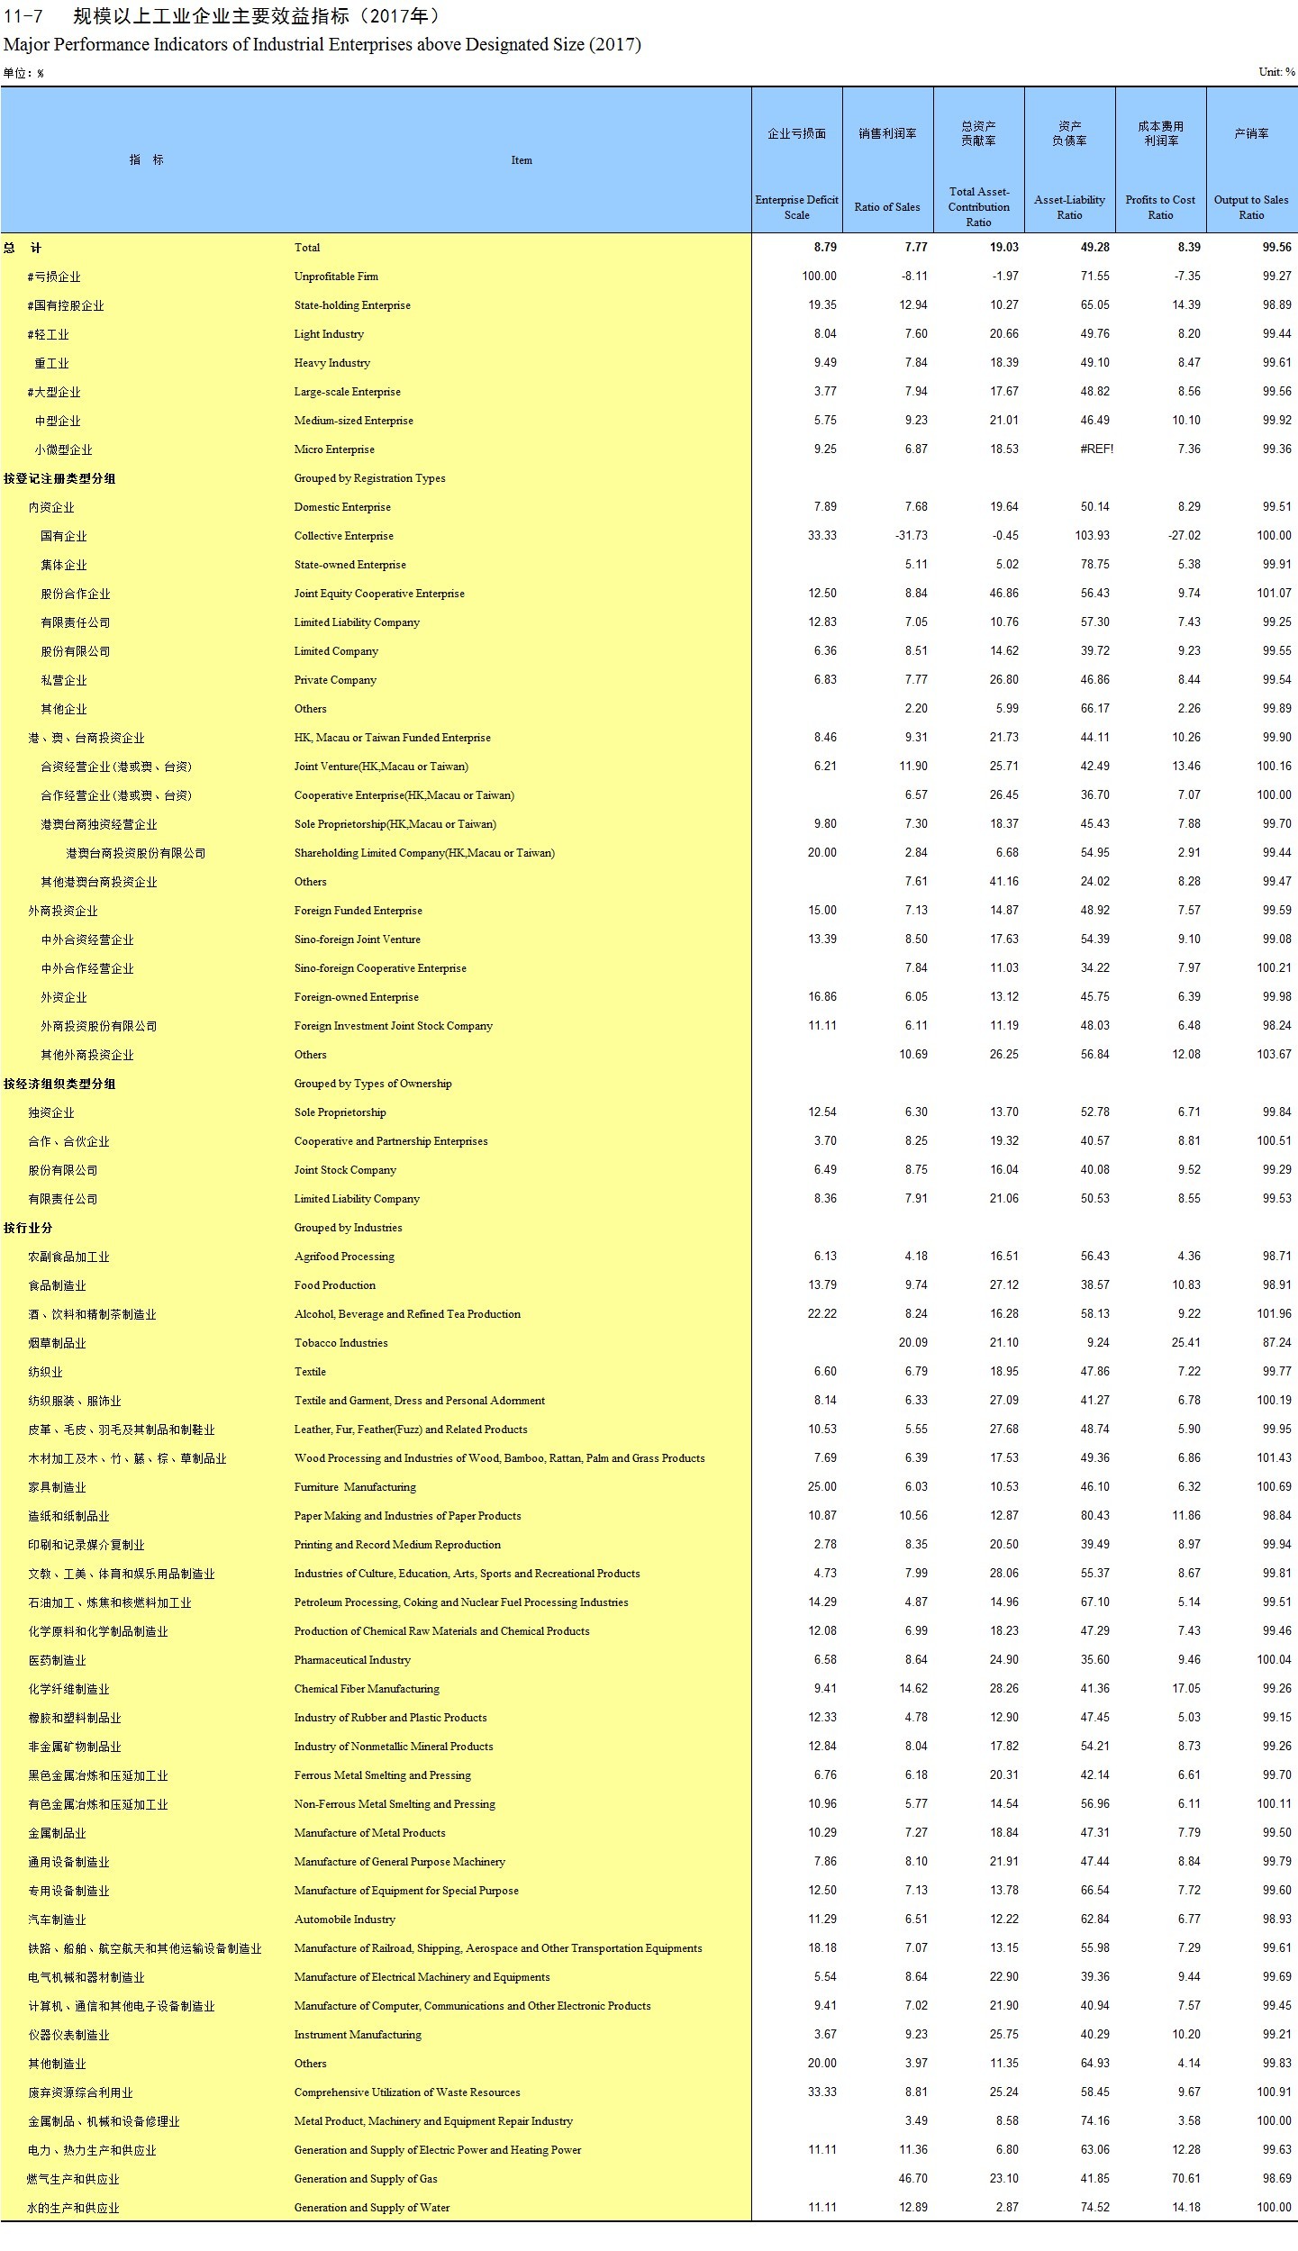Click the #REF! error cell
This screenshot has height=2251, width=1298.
1096,449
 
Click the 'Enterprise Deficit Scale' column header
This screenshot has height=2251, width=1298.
796,207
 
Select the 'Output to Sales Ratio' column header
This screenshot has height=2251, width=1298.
1250,207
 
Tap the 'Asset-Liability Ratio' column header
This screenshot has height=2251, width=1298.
1069,207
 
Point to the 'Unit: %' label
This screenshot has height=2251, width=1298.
1276,72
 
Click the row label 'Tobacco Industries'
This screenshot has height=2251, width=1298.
340,1343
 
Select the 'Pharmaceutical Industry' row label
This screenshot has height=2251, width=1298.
352,1660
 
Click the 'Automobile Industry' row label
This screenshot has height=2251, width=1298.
344,1920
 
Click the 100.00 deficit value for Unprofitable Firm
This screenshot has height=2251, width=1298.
819,277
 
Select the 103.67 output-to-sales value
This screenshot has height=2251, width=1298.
1274,1055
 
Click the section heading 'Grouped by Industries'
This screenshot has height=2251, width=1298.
348,1228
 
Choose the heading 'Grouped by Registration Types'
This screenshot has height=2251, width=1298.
369,478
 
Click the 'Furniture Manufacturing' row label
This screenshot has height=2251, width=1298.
355,1487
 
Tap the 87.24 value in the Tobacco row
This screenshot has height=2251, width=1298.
1276,1343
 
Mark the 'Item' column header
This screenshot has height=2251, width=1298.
522,160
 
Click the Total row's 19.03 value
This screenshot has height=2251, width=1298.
1003,248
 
